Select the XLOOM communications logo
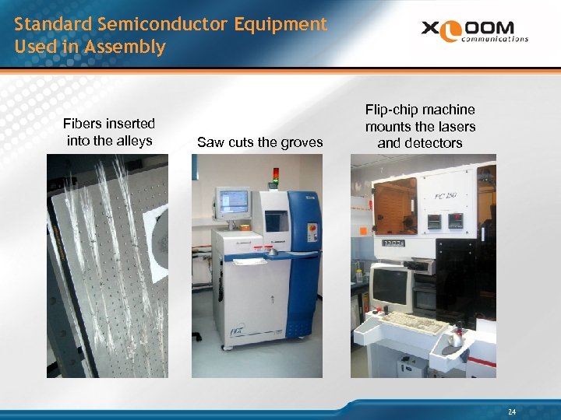click(475, 30)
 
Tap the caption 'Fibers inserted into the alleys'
click(109, 131)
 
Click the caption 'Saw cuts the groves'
click(259, 142)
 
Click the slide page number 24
click(511, 411)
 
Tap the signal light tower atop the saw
click(274, 177)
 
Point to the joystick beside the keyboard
click(454, 336)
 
